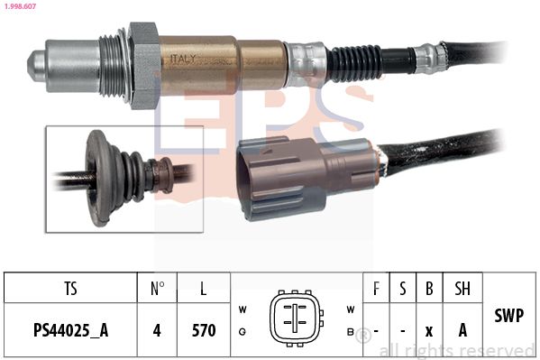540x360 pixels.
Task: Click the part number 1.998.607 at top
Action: (20, 6)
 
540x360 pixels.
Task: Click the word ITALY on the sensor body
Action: (183, 59)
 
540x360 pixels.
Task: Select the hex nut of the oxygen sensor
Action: (144, 66)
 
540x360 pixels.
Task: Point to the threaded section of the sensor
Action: (111, 66)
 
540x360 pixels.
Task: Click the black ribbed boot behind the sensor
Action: (354, 64)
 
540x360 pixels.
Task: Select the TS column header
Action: (70, 289)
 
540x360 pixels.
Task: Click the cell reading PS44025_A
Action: (71, 330)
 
